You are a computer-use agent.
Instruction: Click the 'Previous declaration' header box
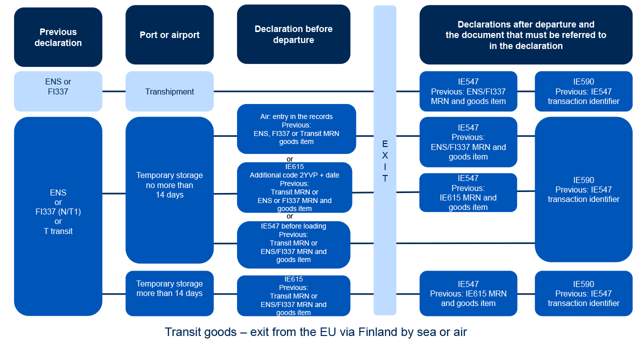tap(58, 37)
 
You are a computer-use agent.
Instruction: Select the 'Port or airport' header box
tap(169, 35)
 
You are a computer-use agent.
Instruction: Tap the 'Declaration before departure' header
tap(293, 34)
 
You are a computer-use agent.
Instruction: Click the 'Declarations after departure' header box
tap(525, 35)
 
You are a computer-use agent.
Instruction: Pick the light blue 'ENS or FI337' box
tap(58, 91)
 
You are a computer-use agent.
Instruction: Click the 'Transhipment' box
tap(169, 91)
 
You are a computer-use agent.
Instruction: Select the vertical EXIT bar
tap(385, 160)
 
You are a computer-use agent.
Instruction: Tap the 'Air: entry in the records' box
tap(296, 129)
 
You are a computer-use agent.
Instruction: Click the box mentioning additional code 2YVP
tap(294, 187)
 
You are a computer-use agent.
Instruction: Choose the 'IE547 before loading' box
tap(293, 244)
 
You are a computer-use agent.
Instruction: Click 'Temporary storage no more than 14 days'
tap(169, 190)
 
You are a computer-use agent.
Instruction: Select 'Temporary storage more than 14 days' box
tap(169, 293)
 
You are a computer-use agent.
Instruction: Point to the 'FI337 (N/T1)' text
tap(58, 211)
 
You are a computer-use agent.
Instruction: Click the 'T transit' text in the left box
tap(58, 231)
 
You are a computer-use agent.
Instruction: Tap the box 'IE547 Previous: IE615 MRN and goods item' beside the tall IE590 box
tap(468, 192)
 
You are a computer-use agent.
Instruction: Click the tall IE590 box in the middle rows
tap(583, 189)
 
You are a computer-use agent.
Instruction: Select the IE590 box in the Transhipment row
tap(583, 91)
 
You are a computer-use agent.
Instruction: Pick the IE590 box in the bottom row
tap(583, 293)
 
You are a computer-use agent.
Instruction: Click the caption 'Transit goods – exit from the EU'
tap(315, 332)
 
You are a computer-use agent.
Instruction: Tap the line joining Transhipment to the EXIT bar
tap(293, 91)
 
